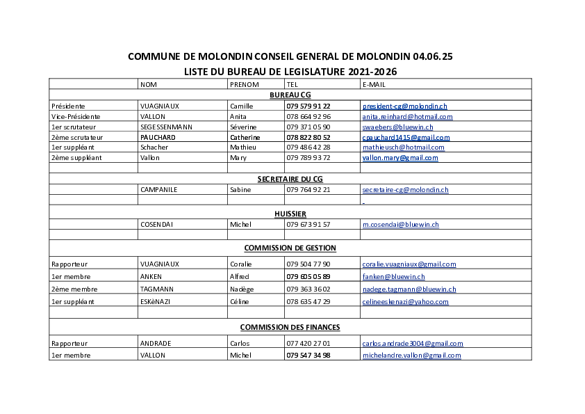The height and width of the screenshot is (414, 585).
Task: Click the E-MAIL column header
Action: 374,84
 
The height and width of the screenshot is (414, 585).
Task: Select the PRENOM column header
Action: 245,84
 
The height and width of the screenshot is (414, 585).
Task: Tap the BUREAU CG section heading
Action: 290,95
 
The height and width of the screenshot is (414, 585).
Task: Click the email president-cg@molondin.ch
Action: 405,106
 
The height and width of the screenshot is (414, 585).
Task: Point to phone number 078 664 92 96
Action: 308,117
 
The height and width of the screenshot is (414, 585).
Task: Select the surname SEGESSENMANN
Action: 166,127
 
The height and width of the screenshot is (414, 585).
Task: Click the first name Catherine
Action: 245,138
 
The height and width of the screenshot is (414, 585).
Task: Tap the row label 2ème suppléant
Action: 76,158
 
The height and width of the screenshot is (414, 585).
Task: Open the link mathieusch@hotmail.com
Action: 403,148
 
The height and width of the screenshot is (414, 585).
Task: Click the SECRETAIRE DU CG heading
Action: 290,180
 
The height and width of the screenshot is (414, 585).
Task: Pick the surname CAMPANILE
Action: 159,190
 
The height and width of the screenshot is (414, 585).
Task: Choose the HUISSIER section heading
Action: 290,214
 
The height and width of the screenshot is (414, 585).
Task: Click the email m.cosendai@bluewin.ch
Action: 401,225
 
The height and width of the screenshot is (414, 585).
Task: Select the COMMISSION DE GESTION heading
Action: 290,248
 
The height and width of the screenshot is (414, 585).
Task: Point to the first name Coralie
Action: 241,264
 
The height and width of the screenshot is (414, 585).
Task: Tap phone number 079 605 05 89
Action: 308,277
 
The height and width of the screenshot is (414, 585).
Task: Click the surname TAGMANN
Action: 156,289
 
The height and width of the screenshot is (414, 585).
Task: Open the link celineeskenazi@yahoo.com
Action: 406,302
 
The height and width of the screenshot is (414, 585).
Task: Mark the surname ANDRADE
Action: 156,344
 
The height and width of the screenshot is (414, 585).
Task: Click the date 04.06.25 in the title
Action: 433,56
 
